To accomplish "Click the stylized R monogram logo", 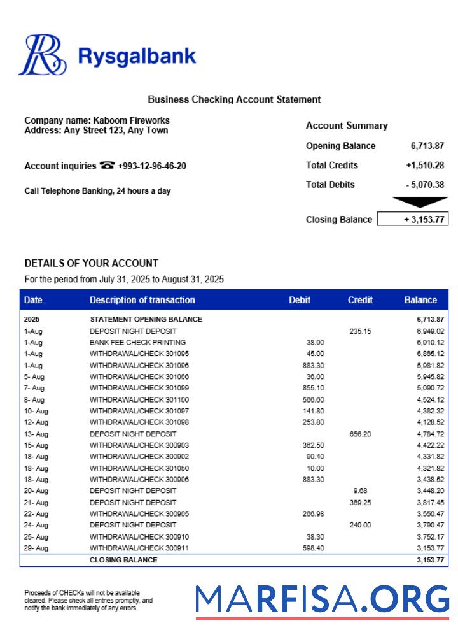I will [42, 55].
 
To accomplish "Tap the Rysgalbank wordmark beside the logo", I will [136, 56].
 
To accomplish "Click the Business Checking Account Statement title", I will [234, 99].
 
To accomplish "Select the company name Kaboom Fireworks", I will [131, 120].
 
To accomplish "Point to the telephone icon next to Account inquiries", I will [107, 166].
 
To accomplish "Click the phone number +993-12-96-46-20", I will [152, 166].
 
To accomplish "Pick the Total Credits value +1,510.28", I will [424, 166].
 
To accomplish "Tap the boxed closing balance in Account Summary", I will [412, 220].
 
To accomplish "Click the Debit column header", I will [300, 300].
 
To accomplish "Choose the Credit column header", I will [360, 300].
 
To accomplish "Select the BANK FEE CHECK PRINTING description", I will [137, 342].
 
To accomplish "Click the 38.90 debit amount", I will [315, 342].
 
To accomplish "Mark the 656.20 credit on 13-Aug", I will [360, 434].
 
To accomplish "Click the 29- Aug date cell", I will [36, 548].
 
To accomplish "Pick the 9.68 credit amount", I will [360, 491].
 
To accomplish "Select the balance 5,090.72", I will [430, 388].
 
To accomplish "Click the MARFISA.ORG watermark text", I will [322, 599].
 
